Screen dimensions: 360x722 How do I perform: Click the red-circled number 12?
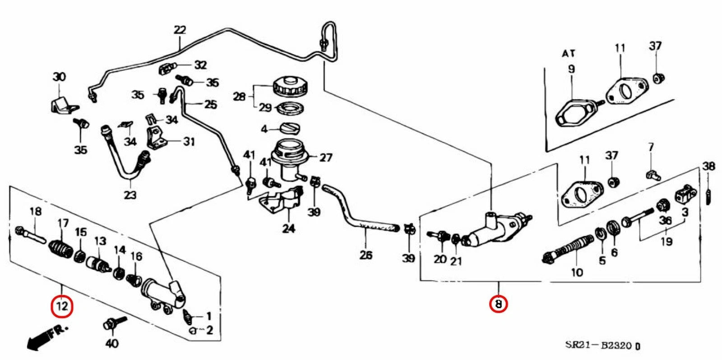(62, 306)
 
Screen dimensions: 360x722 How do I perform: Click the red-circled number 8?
(498, 304)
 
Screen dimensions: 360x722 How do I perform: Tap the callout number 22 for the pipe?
(180, 31)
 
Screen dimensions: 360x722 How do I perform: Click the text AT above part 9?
(569, 54)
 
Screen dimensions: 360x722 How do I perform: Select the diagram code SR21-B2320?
(602, 346)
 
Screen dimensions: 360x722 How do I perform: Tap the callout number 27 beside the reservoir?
(325, 157)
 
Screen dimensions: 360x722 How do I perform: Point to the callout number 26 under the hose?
(366, 255)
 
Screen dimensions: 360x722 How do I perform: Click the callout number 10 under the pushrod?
(577, 272)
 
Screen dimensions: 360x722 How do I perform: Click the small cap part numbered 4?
(290, 129)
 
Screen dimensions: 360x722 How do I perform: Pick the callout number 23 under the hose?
(130, 195)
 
